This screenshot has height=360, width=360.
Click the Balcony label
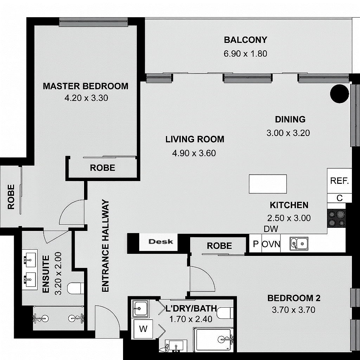245,40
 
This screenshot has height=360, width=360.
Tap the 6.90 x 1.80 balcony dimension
245,54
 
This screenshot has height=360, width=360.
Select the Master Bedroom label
85,86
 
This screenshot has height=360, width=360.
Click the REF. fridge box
339,181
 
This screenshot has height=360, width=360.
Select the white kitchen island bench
268,184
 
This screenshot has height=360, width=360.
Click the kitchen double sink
299,244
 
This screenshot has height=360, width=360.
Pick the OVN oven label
271,244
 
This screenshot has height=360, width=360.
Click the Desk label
161,242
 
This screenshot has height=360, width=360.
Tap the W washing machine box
143,329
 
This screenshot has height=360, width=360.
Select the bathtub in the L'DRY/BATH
213,340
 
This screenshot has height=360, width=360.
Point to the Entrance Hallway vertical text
105,246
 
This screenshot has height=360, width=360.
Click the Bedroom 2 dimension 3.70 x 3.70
294,310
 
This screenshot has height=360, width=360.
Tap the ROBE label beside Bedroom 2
219,246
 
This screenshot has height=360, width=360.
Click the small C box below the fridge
339,198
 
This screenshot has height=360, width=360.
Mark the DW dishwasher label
271,229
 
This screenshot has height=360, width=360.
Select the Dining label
290,120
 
